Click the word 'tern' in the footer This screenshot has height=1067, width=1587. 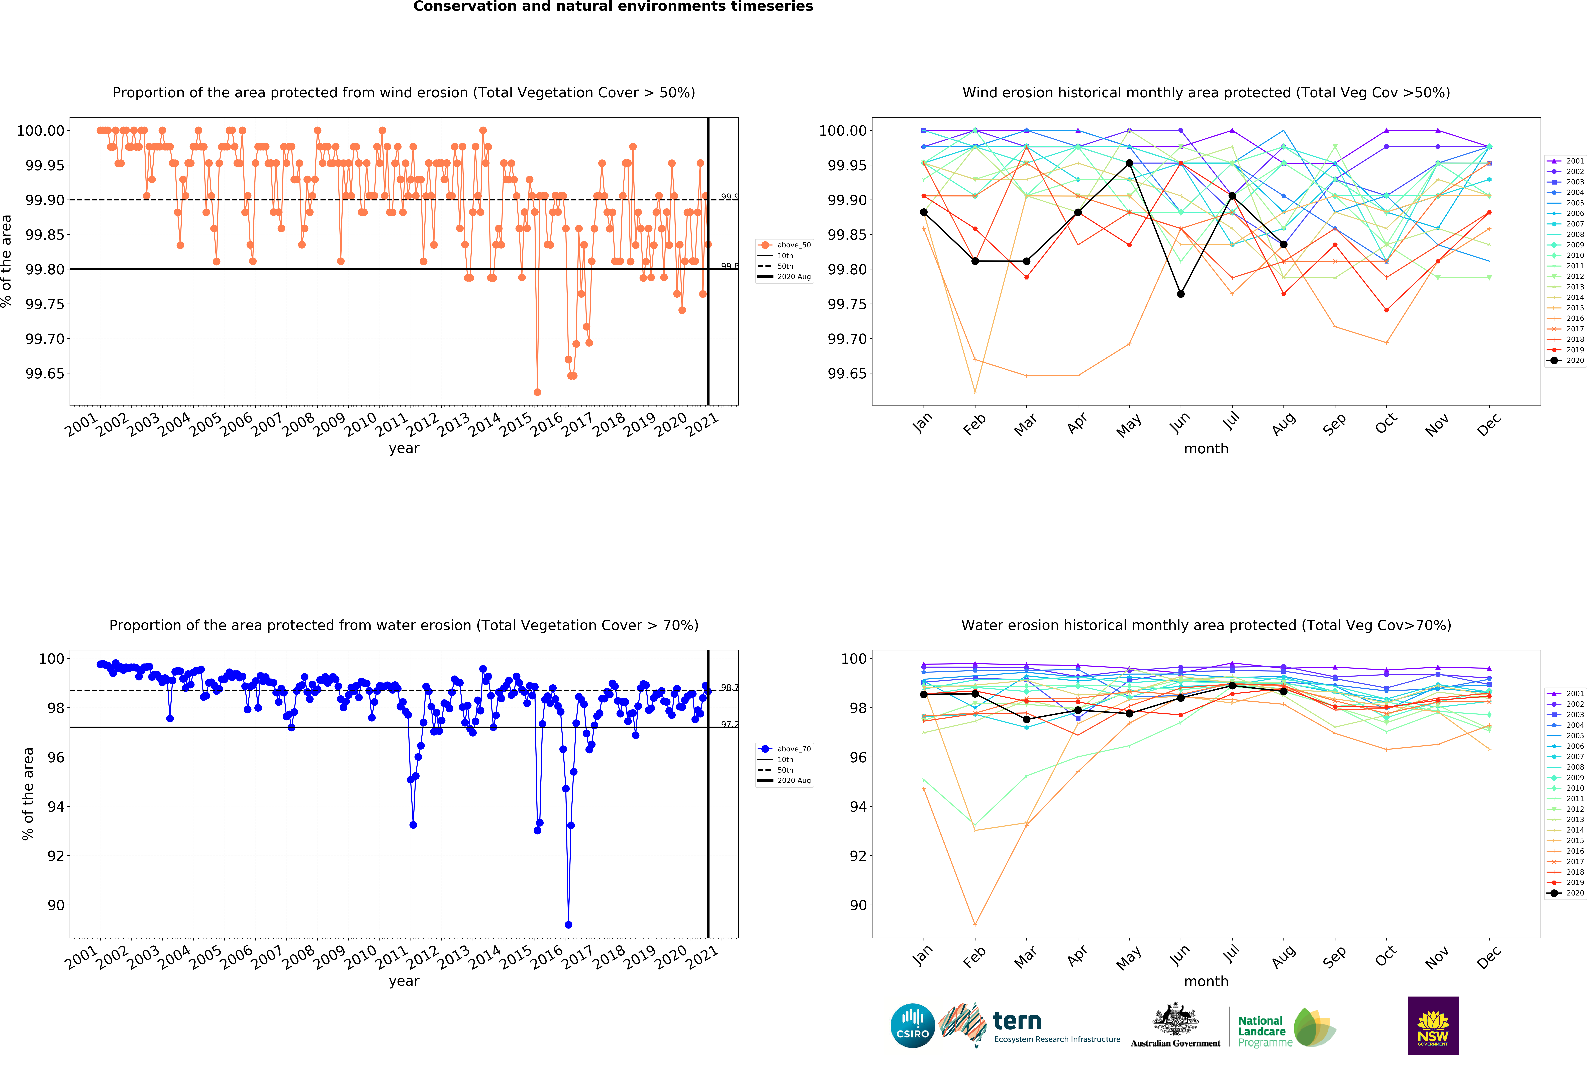click(x=1017, y=1021)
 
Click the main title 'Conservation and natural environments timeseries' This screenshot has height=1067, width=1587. click(x=613, y=7)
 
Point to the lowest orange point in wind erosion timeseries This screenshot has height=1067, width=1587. click(x=537, y=392)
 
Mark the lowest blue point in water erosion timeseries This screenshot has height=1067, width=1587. click(x=568, y=925)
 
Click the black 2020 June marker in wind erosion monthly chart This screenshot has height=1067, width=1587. click(x=1181, y=294)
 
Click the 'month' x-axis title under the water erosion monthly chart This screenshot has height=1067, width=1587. click(x=1206, y=981)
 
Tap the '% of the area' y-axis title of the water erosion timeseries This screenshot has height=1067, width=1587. click(x=28, y=793)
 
